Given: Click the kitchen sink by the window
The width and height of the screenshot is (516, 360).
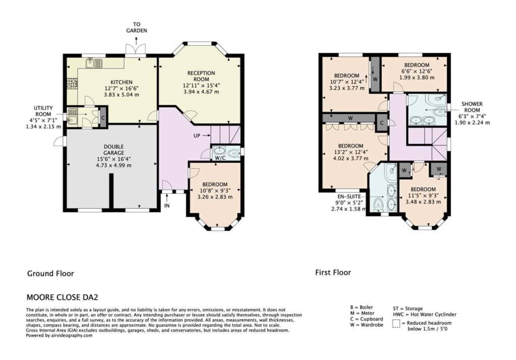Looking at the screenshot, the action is [94, 63].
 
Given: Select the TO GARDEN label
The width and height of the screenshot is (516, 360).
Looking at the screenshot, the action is [137, 27].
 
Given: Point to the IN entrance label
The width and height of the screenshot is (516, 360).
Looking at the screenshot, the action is [167, 205].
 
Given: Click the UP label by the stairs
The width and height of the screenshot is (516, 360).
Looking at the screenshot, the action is [197, 135].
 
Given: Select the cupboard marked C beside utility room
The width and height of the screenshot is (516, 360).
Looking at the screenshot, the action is [103, 117].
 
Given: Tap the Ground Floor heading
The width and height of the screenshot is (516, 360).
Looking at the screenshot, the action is [51, 273].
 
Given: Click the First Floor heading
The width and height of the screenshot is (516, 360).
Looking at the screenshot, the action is [333, 272].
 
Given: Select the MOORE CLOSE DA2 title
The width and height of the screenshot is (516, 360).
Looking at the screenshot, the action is [62, 298].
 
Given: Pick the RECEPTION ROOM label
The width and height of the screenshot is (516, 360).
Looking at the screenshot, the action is [201, 76].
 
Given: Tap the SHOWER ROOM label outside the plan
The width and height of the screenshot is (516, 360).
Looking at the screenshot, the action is [472, 107].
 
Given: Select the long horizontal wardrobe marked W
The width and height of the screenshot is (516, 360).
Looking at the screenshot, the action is [349, 118].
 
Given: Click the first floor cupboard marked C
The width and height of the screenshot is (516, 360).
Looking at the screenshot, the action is [382, 123].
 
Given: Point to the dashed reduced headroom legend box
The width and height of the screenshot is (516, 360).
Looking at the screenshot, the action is [396, 324].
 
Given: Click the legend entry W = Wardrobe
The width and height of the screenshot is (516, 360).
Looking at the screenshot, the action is [367, 325].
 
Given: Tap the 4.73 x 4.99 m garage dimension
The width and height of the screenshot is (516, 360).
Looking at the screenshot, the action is [113, 165].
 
